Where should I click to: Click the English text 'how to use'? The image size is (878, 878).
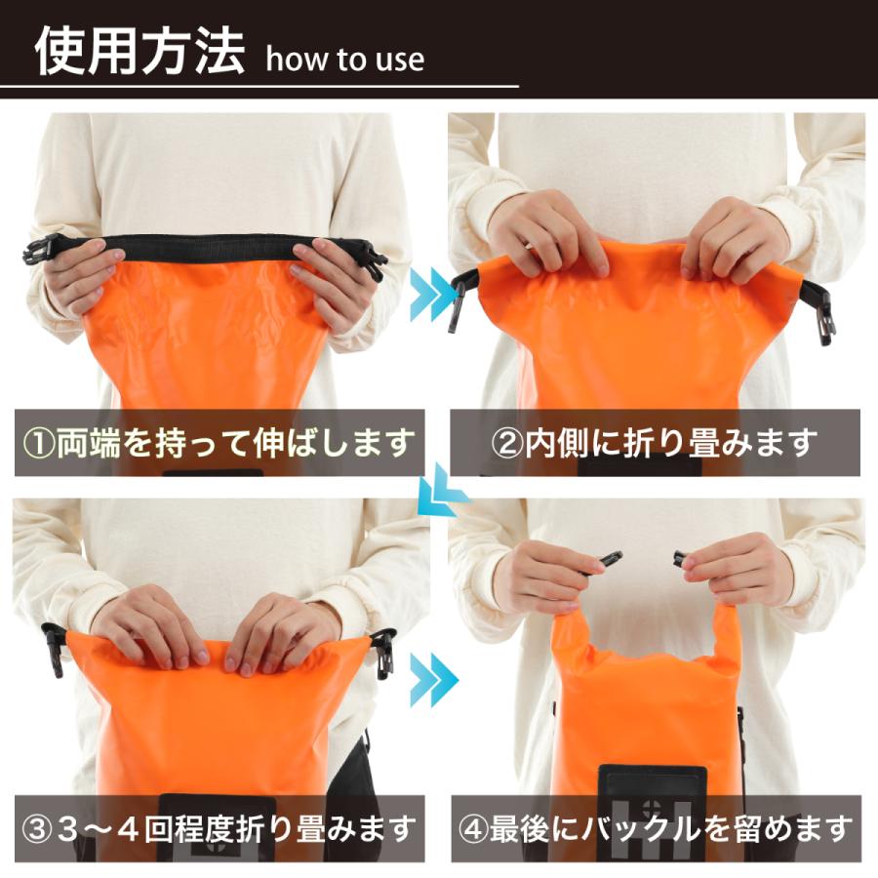(x=344, y=60)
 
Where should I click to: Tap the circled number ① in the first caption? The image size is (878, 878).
(x=39, y=444)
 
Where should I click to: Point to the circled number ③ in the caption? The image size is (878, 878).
(x=39, y=829)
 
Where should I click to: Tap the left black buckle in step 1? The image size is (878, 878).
(x=41, y=251)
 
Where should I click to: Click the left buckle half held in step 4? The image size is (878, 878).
(x=609, y=560)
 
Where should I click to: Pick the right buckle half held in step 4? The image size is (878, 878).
(x=680, y=559)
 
